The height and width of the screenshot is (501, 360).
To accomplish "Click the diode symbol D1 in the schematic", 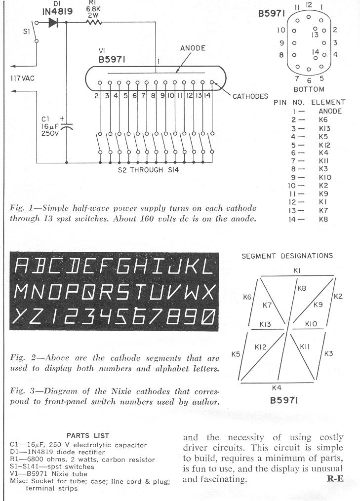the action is (x=53, y=22).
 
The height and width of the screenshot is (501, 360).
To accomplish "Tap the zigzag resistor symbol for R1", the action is (x=94, y=22).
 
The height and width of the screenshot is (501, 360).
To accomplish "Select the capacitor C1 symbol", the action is (x=67, y=127).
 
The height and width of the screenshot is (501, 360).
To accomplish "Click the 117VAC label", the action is (x=22, y=78).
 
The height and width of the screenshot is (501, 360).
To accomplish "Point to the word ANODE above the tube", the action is (x=193, y=48).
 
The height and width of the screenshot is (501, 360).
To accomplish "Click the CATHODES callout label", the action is (x=250, y=96).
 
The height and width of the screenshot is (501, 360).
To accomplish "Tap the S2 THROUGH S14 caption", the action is (x=148, y=170).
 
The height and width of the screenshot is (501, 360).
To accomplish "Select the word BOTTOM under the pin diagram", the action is (x=309, y=89).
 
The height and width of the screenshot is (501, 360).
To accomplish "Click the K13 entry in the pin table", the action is (x=324, y=128).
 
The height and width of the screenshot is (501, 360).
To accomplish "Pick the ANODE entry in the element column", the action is (x=330, y=111).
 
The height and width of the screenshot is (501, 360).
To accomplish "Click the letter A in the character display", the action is (x=22, y=266).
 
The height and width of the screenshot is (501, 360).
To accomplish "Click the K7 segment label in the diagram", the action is (x=267, y=306).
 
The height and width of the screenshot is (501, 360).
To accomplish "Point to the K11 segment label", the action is (x=305, y=347).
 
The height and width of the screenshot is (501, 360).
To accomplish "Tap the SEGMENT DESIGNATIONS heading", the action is (x=287, y=256).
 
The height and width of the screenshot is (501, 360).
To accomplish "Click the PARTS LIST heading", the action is (x=88, y=435).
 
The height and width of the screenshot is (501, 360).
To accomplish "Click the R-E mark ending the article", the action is (x=335, y=478).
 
